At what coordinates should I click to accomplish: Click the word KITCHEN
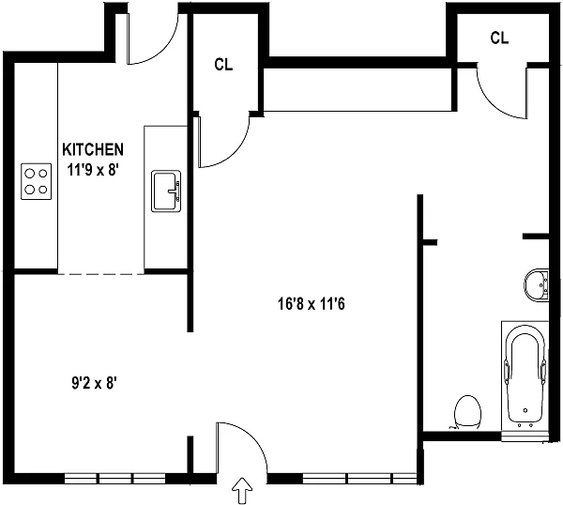(x=93, y=150)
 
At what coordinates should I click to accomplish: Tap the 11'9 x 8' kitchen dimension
(x=93, y=170)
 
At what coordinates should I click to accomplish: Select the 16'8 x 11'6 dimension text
(x=312, y=304)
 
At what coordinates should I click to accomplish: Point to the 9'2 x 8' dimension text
(x=95, y=383)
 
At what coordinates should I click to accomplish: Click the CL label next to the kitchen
(x=223, y=65)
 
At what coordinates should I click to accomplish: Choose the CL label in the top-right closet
(x=499, y=38)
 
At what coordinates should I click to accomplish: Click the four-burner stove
(x=37, y=181)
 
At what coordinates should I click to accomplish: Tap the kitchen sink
(x=166, y=191)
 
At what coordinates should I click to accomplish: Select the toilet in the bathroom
(x=467, y=412)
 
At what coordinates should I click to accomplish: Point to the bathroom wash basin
(x=537, y=285)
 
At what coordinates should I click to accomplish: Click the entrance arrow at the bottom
(x=243, y=490)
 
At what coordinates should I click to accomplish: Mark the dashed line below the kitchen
(x=101, y=274)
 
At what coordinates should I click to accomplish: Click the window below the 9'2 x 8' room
(x=114, y=478)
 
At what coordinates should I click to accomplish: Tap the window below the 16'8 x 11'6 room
(x=359, y=478)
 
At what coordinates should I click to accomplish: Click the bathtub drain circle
(x=525, y=410)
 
